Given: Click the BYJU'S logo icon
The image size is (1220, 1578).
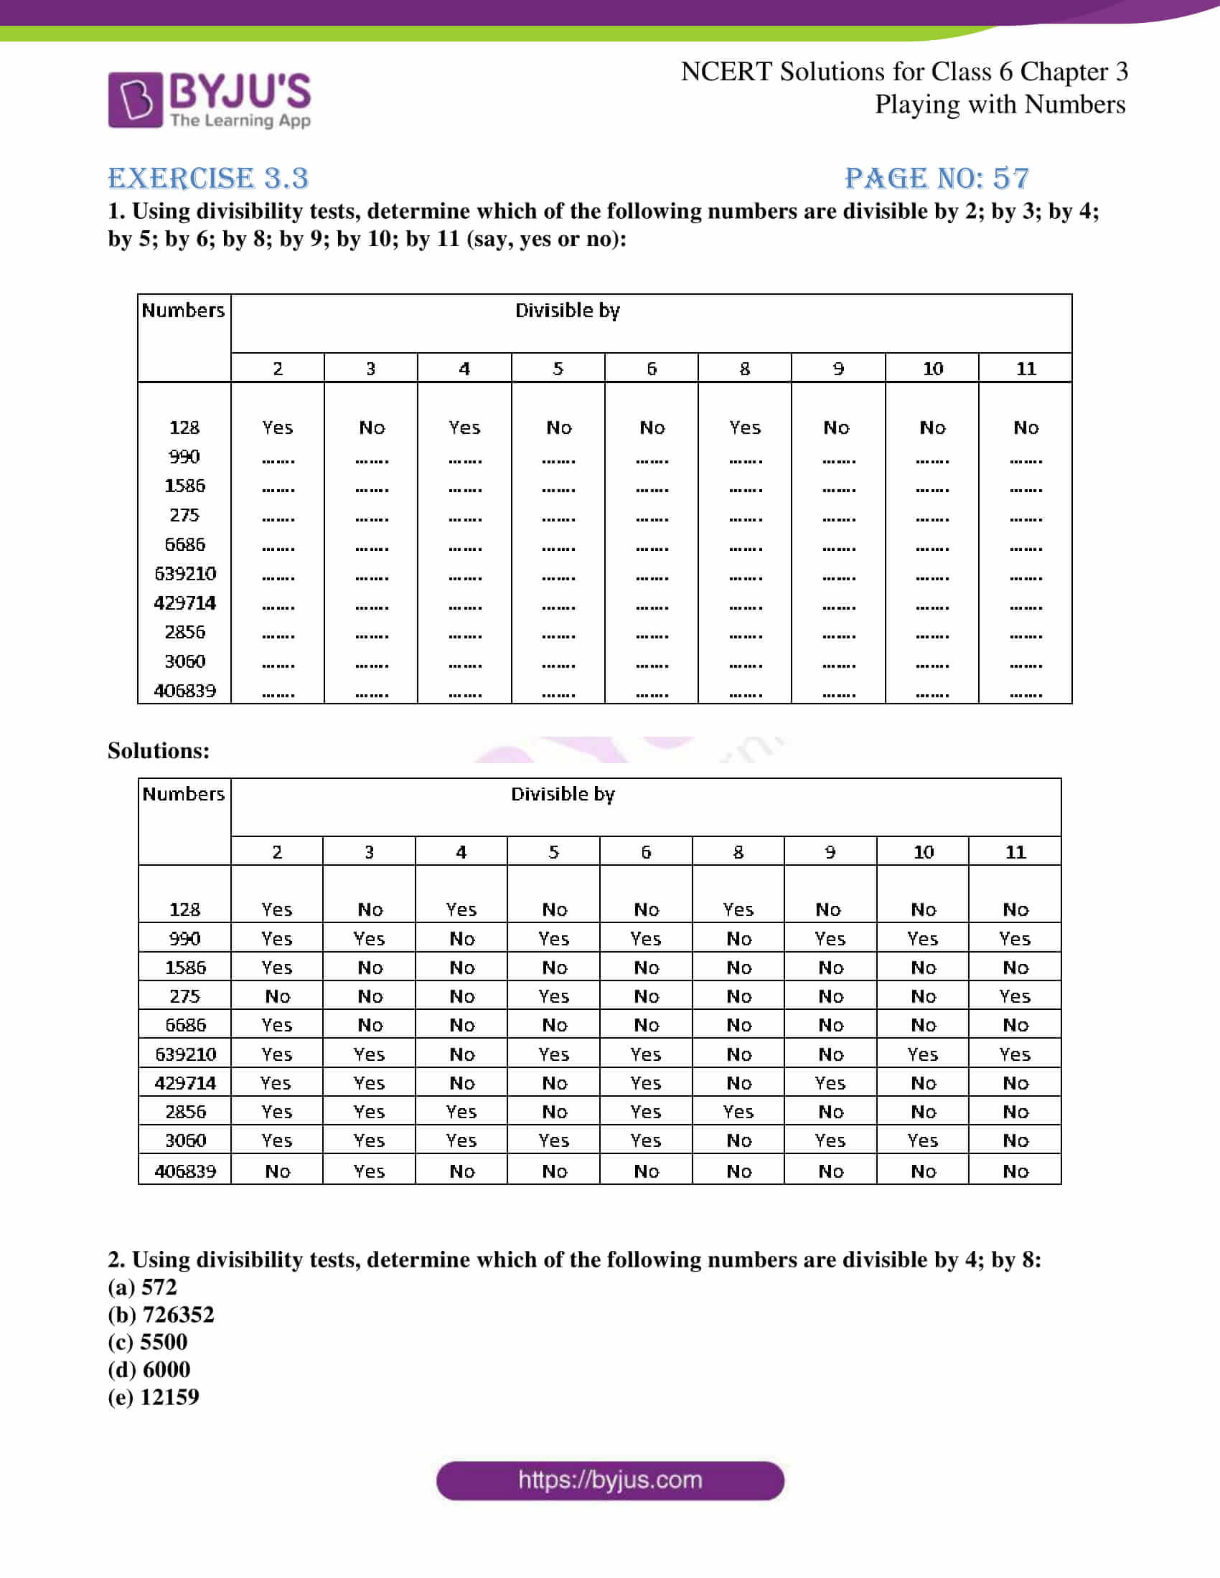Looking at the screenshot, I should point(135,100).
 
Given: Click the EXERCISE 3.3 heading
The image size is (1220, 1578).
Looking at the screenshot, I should point(208,178).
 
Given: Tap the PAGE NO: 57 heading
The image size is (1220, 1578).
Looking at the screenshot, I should point(937,178).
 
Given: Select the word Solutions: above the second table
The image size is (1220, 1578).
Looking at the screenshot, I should point(159,751).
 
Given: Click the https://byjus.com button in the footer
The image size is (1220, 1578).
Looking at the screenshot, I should point(610,1480).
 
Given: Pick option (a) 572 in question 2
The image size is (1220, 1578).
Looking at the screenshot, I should point(142,1287).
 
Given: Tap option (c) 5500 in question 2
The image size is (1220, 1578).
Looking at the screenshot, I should point(147,1342).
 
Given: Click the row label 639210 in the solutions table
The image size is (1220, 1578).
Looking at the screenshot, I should point(185,1054).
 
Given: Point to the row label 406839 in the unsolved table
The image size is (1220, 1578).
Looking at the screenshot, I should point(185,691).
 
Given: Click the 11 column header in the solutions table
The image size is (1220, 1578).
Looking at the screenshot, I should point(1015,852).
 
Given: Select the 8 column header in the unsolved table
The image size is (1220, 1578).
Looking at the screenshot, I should point(744,369).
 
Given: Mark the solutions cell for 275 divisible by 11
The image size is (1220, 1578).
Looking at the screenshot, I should point(1015,996).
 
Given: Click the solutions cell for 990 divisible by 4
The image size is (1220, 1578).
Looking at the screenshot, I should point(462,939).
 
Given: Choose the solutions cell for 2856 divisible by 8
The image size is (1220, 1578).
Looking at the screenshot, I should point(738,1112).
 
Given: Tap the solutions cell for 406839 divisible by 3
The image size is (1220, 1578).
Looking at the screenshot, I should point(369,1171).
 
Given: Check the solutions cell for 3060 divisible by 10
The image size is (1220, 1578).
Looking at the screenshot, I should point(923,1141).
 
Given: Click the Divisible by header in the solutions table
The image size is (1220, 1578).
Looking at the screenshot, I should point(563,794).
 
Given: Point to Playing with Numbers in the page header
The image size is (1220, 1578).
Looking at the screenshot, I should point(1000,105).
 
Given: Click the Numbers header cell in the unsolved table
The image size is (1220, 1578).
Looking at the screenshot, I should point(183,310).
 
